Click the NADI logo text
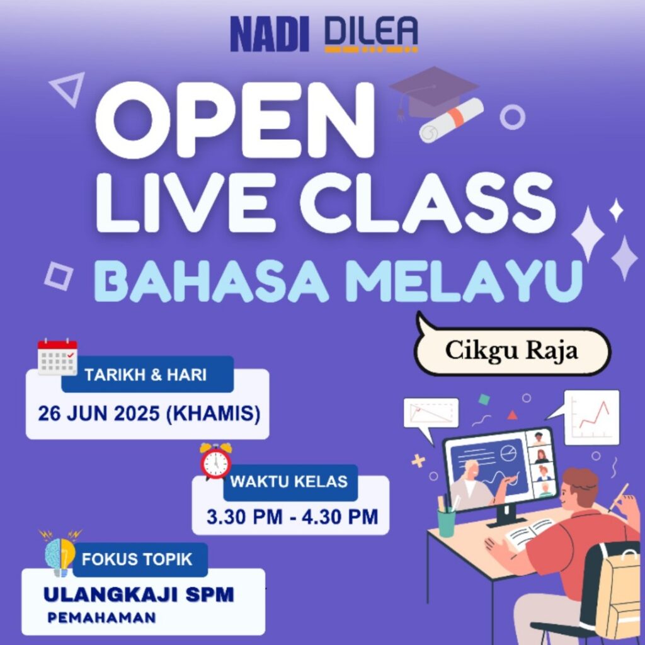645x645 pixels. coord(270,34)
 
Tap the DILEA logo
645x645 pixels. coord(371,34)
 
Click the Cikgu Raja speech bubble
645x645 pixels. coord(511,349)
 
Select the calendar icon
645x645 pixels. coord(57,357)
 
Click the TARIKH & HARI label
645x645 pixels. coord(146,375)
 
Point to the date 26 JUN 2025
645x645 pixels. coord(99,413)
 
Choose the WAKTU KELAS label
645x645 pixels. coord(289,482)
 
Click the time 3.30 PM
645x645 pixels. coord(244,517)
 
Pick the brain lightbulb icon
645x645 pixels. coord(61,553)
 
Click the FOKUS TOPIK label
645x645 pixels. coord(137,559)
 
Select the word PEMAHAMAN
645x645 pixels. coord(101,617)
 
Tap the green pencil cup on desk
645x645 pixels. coord(447,522)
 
